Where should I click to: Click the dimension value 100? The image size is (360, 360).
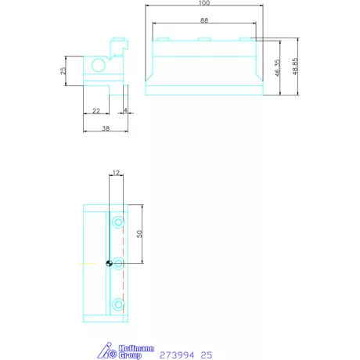205,5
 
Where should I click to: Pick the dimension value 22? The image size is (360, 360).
95,111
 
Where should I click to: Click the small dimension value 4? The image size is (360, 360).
125,111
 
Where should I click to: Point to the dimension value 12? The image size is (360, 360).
115,171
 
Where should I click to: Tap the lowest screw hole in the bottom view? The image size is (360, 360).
117,303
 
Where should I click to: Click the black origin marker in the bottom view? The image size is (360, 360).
107,263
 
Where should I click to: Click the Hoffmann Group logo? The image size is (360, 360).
118,349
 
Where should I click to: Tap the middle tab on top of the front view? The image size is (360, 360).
203,39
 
